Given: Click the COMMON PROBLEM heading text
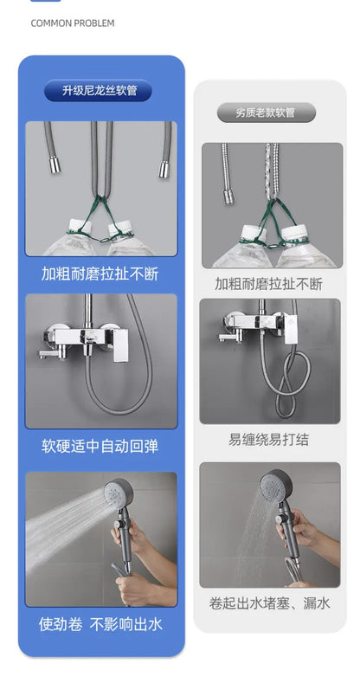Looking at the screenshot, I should pos(72,23).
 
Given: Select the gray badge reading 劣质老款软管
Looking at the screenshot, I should pos(266,113).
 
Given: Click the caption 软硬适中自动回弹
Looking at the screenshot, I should pos(100,447).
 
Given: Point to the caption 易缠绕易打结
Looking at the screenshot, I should pos(269,440).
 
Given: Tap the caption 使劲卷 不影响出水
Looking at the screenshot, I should pos(100,623).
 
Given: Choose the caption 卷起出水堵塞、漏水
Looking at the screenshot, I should pos(269,603).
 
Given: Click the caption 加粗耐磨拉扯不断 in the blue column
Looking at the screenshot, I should pos(100,274).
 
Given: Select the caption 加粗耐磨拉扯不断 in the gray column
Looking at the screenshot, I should pos(269,283).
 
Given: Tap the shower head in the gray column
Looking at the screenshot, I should pos(280,486).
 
